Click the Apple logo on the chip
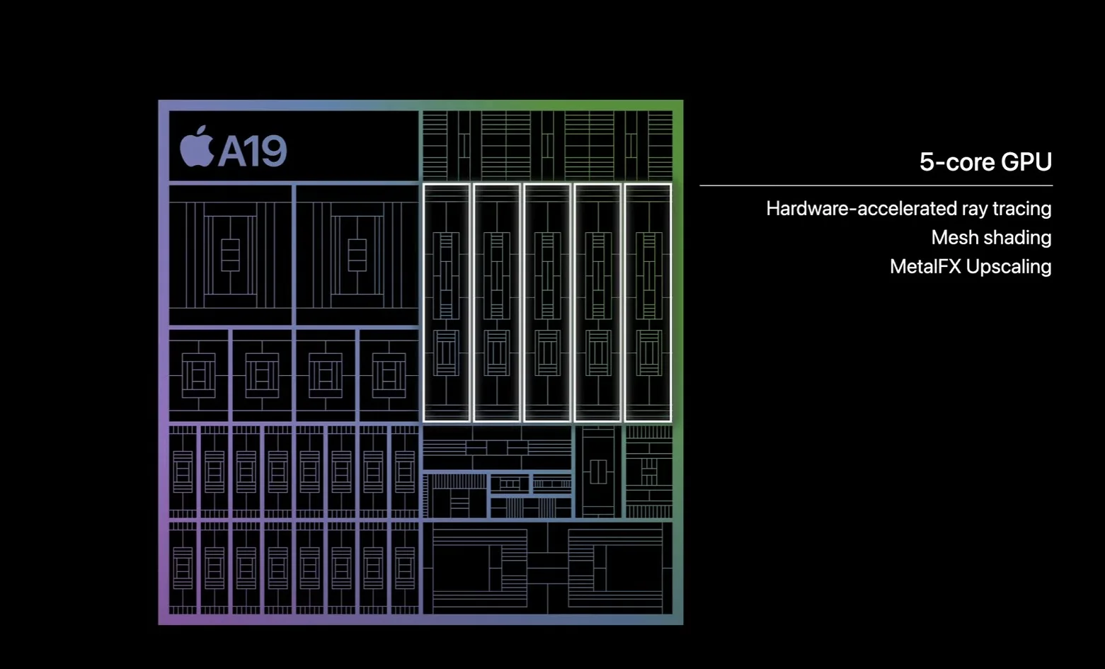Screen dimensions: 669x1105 [196, 147]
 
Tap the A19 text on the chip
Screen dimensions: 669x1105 [252, 151]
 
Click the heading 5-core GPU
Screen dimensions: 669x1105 [985, 162]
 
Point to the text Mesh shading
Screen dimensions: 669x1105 [990, 238]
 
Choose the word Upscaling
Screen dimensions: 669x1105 [1009, 267]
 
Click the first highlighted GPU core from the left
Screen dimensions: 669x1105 [446, 302]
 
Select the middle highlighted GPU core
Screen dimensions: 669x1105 [547, 302]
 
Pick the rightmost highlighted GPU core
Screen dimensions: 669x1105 [648, 302]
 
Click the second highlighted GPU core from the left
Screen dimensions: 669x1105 [497, 302]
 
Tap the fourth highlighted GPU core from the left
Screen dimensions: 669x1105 [598, 302]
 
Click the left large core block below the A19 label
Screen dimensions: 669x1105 [230, 255]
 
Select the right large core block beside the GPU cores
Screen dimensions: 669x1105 [357, 255]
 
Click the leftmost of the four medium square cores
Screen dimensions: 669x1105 [199, 375]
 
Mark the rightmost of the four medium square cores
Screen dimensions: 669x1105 [389, 375]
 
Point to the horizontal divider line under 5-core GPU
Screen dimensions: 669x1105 [876, 185]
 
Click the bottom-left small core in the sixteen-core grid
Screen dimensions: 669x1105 [183, 568]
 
